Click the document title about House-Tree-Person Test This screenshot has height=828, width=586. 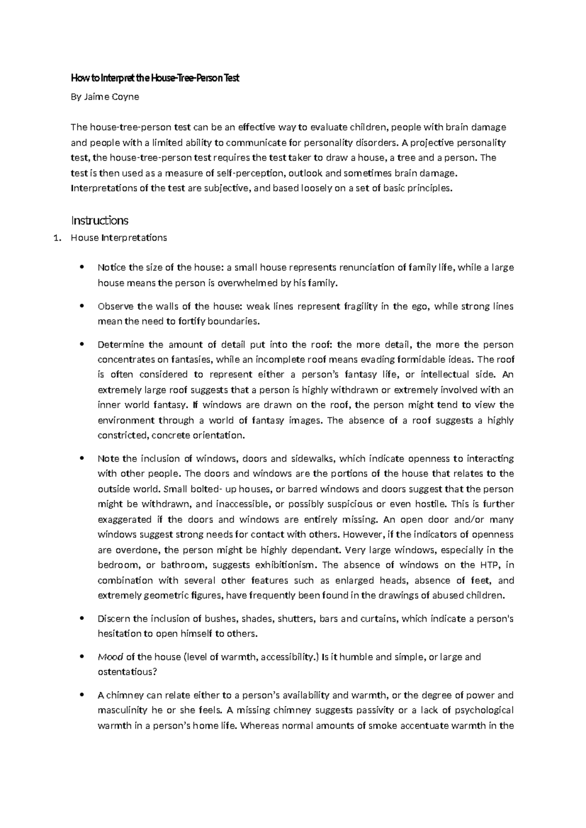155,78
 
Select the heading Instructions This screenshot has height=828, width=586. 100,220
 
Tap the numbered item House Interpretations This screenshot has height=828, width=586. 119,238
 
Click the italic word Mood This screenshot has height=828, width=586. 110,657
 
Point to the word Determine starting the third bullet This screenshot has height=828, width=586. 121,345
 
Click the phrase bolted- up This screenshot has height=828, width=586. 203,489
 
